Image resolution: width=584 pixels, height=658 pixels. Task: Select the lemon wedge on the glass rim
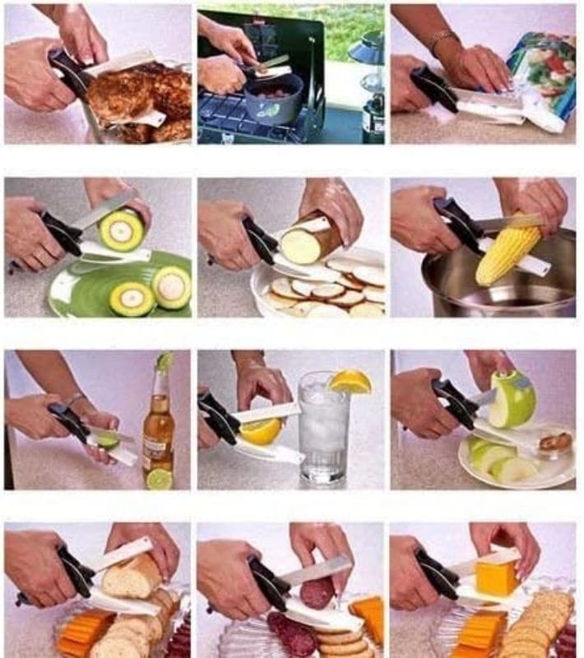[350, 382]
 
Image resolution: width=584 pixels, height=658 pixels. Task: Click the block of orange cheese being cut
[497, 577]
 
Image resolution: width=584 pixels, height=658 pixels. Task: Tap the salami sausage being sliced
[317, 591]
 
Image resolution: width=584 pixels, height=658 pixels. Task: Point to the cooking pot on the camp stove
[272, 99]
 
